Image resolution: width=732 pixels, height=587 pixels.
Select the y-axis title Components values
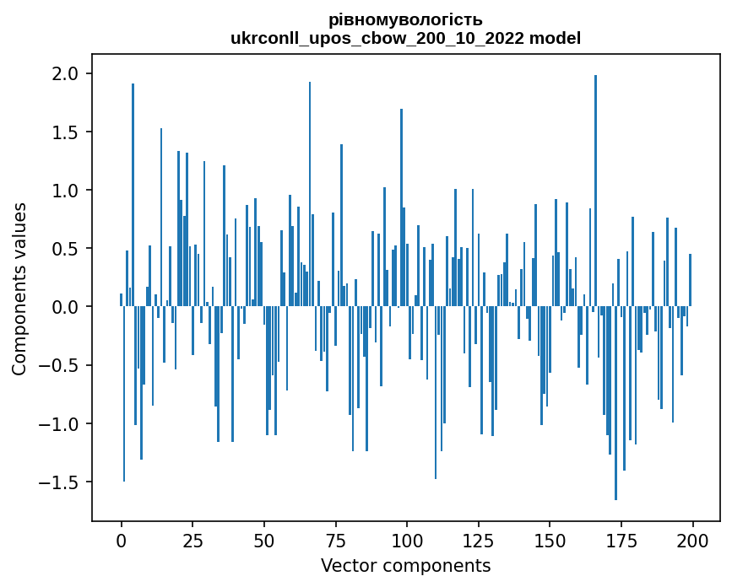[19, 288]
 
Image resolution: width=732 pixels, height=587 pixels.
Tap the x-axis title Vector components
[405, 565]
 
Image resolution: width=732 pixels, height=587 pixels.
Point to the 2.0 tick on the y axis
[67, 74]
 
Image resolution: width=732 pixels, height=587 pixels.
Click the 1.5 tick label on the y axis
[67, 132]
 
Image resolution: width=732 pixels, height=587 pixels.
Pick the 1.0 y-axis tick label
[67, 191]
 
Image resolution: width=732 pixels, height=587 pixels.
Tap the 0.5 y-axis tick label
[67, 249]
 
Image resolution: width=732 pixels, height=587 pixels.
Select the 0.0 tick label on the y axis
[67, 307]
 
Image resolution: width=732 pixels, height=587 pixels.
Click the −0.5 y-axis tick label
[62, 365]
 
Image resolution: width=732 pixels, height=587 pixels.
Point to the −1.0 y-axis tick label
[62, 423]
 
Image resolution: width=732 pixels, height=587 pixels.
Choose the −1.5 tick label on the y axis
[62, 482]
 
